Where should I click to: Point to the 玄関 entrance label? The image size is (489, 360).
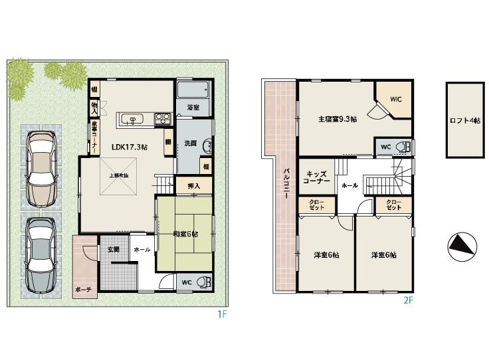coord(113,249)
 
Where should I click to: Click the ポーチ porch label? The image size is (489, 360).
coord(84,289)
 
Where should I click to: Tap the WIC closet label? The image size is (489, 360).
coord(396,100)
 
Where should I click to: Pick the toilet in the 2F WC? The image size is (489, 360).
coord(403,147)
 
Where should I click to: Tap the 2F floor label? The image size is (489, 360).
coord(408,300)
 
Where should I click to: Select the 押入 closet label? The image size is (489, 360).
coord(185,186)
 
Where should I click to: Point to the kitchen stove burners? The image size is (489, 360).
coord(163,119)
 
